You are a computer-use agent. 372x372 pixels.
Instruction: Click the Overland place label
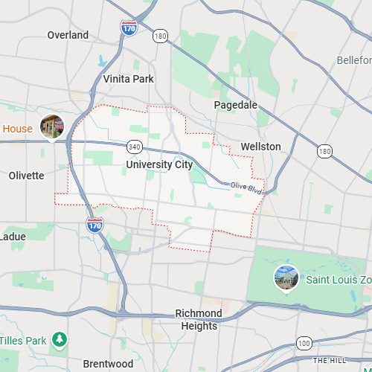click(x=68, y=35)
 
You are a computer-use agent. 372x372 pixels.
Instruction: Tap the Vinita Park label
click(x=129, y=79)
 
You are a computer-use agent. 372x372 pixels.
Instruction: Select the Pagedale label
click(x=235, y=105)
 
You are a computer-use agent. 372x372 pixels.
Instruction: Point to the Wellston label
click(x=260, y=147)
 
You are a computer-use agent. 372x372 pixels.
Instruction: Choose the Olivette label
click(x=26, y=176)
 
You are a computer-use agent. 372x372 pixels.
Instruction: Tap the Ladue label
click(x=12, y=237)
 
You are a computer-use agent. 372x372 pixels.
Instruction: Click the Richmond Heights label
click(x=199, y=319)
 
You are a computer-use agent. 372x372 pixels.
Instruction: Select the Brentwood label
click(x=108, y=364)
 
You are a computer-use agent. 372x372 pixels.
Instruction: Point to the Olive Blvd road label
click(x=246, y=188)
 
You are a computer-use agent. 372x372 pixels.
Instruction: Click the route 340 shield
click(x=134, y=145)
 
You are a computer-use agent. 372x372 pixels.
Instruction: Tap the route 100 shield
click(x=304, y=343)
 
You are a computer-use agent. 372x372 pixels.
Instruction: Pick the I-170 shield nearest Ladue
click(x=94, y=225)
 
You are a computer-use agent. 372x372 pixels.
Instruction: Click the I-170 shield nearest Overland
click(x=129, y=28)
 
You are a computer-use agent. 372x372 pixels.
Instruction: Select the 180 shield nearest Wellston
click(x=324, y=151)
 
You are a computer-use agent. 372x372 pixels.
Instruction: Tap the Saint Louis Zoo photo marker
click(x=286, y=278)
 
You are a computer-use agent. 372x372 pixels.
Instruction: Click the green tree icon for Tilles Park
click(x=59, y=341)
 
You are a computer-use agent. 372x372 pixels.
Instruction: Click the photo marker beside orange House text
click(x=52, y=127)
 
